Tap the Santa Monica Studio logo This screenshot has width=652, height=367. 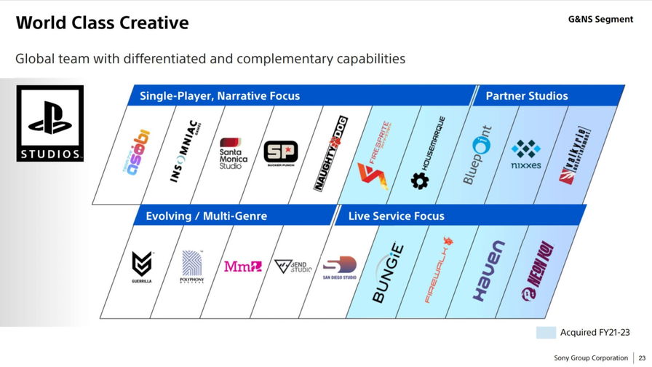tap(234, 154)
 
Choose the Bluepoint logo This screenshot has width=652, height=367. tap(477, 154)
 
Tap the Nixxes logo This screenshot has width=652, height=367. tap(526, 154)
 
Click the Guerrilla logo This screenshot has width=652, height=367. tap(142, 267)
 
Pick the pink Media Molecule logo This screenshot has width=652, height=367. tap(243, 267)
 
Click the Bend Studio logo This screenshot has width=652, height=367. tap(293, 267)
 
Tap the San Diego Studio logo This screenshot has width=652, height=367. tap(339, 267)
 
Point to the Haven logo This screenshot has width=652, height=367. tap(488, 271)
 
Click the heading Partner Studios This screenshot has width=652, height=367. tap(527, 96)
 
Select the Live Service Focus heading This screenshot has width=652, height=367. tap(396, 216)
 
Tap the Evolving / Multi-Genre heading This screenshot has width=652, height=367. tap(207, 216)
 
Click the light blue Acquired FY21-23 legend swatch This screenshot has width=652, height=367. tap(546, 333)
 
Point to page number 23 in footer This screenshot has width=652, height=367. tap(641, 358)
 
